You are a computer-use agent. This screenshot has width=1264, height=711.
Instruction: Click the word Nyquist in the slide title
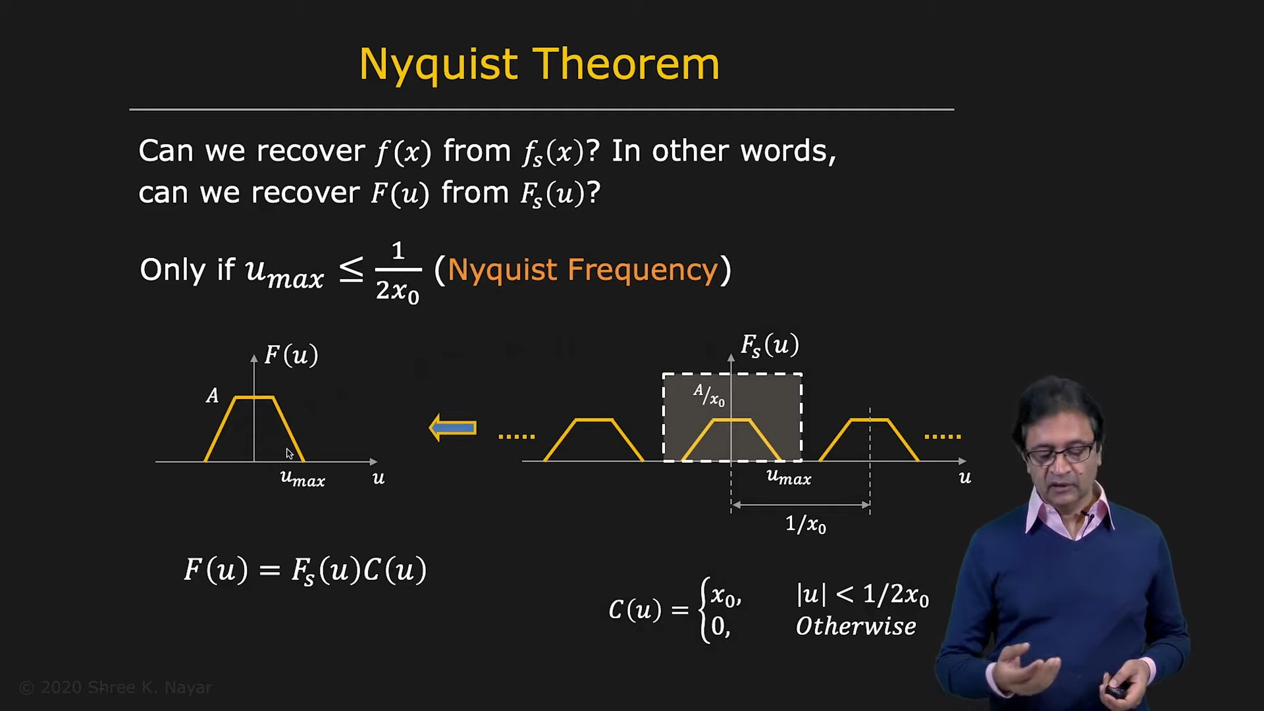tap(438, 66)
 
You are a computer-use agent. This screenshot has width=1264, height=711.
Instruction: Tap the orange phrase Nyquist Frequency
tap(583, 270)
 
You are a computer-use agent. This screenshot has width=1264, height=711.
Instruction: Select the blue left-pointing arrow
tap(452, 428)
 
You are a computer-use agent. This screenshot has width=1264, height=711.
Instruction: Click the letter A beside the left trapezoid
tap(212, 396)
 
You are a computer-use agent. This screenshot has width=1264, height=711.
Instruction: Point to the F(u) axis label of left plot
tap(291, 355)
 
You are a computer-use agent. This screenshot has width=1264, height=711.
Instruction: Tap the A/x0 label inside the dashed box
tap(709, 395)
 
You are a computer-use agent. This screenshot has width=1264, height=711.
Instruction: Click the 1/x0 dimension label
tap(806, 524)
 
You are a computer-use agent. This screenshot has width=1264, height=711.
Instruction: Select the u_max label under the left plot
tap(303, 479)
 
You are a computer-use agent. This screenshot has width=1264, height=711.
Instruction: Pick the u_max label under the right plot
tap(789, 477)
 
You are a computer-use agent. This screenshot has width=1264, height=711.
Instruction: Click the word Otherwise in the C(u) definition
tap(856, 626)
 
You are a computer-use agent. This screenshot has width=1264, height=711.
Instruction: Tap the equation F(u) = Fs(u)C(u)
tap(305, 570)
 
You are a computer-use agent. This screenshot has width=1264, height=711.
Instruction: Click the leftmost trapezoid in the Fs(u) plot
tap(594, 439)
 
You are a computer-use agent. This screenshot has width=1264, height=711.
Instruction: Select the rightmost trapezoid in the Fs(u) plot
tap(869, 439)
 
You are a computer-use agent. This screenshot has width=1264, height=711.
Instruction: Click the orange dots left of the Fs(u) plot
tap(517, 436)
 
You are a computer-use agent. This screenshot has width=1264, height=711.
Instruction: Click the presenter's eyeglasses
tap(1062, 454)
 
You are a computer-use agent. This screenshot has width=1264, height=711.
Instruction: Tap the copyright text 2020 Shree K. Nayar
tap(116, 687)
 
